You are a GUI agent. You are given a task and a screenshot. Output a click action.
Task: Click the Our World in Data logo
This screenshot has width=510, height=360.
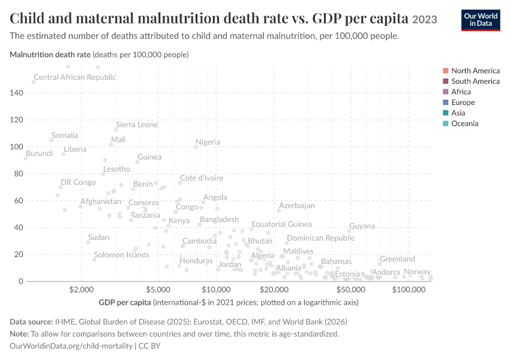click(481, 20)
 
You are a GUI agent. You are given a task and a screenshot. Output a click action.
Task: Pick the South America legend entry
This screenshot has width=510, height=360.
click(471, 82)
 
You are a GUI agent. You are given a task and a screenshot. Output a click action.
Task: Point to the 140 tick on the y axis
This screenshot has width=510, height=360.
click(16, 93)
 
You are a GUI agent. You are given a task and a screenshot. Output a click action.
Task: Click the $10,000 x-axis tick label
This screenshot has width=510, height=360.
click(216, 289)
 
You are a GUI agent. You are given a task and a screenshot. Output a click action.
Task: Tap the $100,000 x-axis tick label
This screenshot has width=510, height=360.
click(409, 289)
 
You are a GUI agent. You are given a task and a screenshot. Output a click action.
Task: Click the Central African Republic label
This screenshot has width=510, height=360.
click(75, 77)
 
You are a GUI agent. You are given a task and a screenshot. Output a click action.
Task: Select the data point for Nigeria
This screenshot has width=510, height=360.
click(196, 147)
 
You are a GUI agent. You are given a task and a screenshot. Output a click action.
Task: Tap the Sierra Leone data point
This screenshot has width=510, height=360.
click(116, 130)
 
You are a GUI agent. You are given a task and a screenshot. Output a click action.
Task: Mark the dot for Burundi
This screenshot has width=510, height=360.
click(26, 158)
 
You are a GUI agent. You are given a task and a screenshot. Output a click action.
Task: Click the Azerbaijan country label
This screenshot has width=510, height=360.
click(296, 206)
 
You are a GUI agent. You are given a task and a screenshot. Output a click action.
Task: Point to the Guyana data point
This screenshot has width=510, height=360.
click(349, 231)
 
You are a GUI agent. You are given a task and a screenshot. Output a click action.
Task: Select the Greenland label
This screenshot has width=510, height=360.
click(397, 259)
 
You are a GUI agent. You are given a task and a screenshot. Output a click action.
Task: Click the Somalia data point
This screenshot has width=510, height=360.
click(52, 140)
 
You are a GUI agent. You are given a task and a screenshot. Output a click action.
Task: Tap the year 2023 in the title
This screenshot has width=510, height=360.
click(424, 20)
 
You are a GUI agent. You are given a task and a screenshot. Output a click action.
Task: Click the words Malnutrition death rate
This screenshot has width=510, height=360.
click(50, 55)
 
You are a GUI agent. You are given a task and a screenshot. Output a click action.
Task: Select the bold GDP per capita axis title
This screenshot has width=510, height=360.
click(125, 302)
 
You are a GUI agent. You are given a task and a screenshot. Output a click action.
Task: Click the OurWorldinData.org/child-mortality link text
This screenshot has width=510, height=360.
click(71, 346)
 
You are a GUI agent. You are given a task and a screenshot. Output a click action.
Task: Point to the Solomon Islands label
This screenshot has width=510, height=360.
click(122, 254)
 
